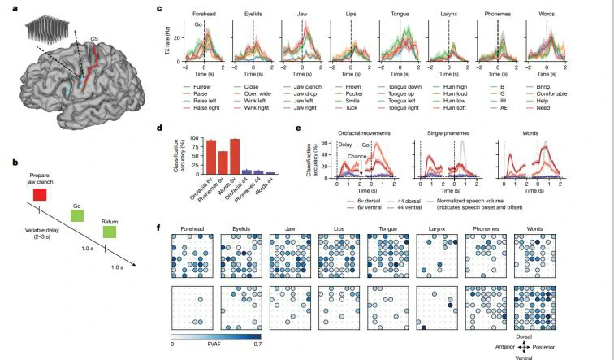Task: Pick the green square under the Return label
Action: [110, 232]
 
